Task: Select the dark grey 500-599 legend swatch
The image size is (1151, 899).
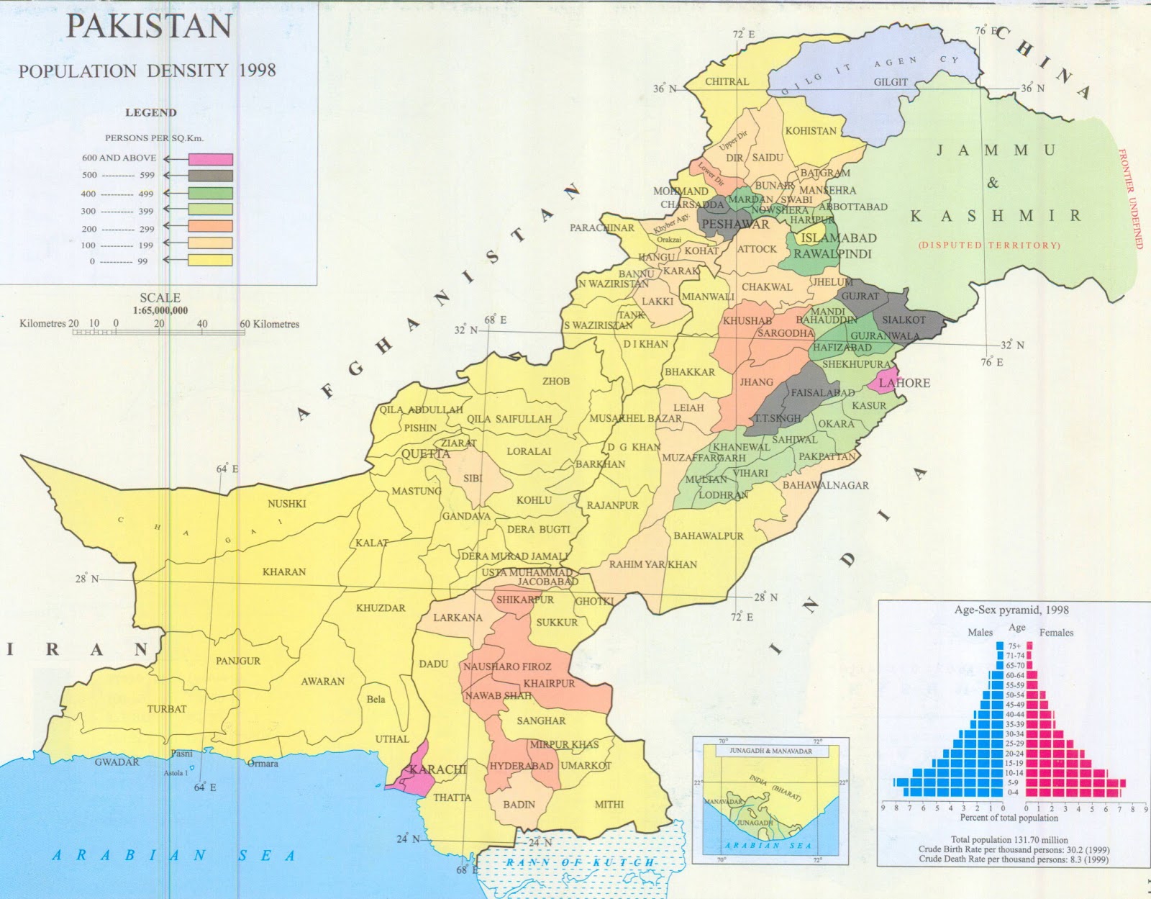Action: tap(211, 176)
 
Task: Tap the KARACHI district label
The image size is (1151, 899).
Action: tap(438, 769)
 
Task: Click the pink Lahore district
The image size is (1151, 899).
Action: tap(879, 382)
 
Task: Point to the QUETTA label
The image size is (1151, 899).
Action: tap(425, 453)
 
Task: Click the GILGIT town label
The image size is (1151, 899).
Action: tap(891, 82)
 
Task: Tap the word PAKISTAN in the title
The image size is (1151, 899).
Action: tap(149, 27)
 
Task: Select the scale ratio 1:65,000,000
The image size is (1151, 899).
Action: tap(160, 310)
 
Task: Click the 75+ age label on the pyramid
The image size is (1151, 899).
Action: tap(1015, 646)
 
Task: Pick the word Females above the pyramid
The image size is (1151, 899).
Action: tap(1056, 633)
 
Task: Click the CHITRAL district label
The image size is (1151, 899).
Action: tap(727, 82)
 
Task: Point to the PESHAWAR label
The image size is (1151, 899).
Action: tap(735, 225)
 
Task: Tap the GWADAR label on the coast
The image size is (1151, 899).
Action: tap(117, 762)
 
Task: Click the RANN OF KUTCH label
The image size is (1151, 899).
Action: tap(580, 862)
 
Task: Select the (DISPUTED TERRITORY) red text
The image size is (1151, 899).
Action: tap(989, 245)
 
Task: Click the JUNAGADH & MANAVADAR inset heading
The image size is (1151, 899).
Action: tap(770, 751)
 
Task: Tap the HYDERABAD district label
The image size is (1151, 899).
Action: tap(522, 766)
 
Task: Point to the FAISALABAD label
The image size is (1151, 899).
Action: tap(823, 393)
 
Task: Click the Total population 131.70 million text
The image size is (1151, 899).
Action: tap(1009, 839)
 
